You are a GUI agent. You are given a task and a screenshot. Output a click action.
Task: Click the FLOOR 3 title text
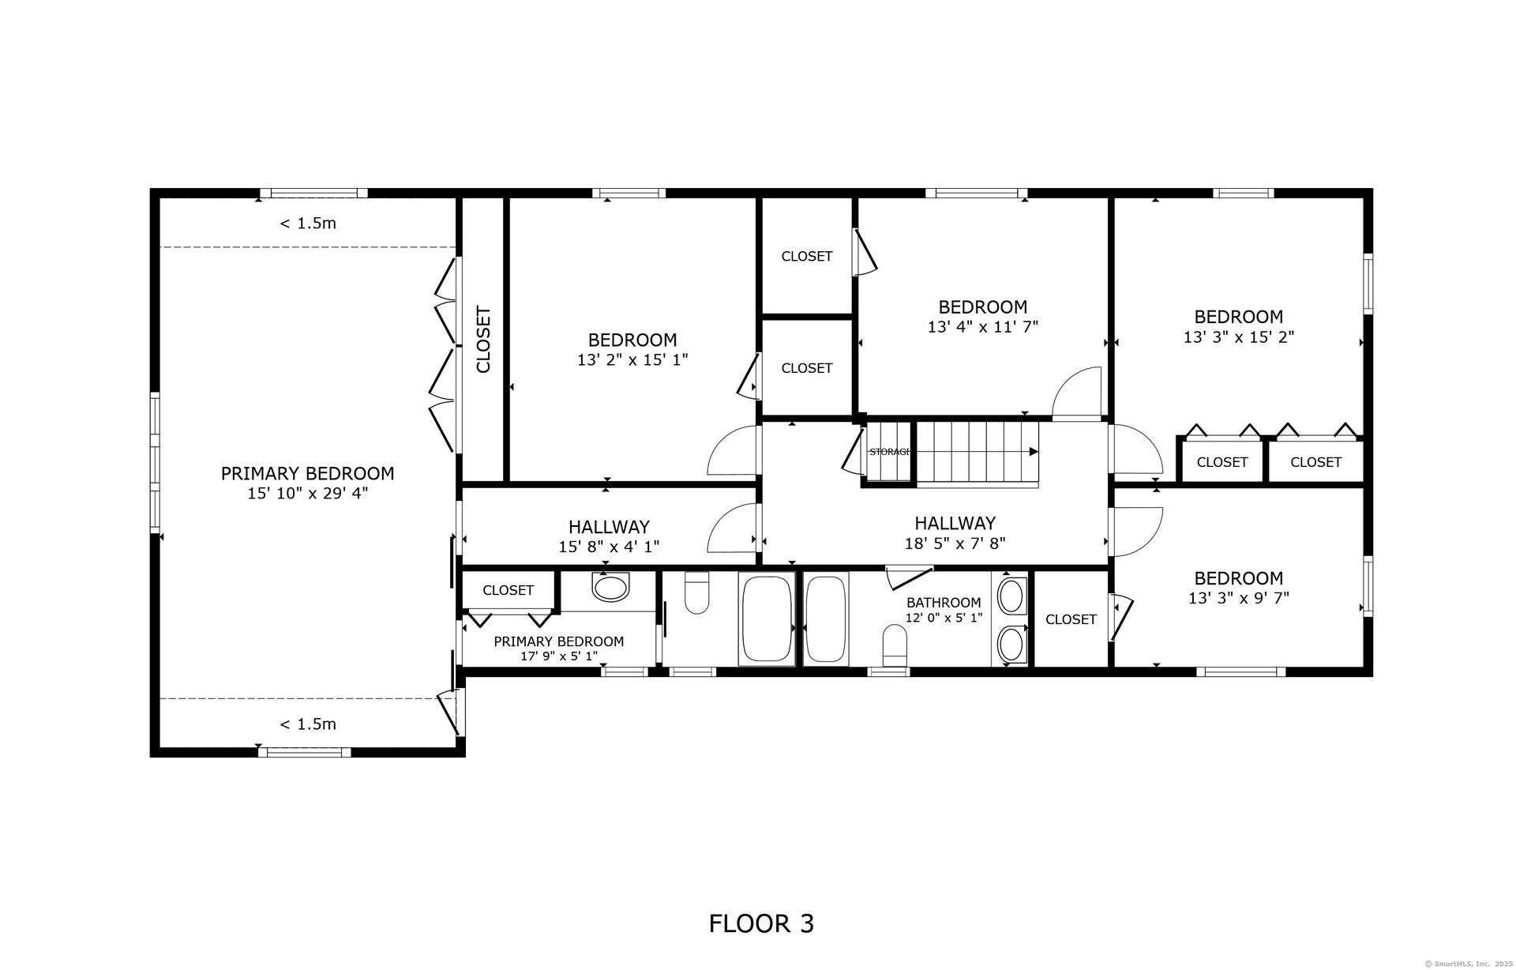click(761, 923)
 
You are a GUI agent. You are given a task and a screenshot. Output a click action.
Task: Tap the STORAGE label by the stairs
click(890, 452)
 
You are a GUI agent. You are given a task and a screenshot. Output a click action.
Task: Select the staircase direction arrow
click(976, 452)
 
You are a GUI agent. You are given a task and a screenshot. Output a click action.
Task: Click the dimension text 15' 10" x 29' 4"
click(308, 494)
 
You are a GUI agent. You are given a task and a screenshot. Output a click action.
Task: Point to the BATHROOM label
click(944, 603)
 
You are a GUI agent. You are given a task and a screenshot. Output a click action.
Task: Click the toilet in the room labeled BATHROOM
click(895, 645)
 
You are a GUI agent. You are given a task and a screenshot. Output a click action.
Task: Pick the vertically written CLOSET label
click(483, 340)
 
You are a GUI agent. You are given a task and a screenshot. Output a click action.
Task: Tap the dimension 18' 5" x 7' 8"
click(955, 543)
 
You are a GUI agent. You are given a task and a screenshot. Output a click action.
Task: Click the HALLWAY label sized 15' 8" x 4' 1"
click(609, 527)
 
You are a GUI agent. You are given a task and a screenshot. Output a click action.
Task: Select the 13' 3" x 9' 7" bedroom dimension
click(1238, 598)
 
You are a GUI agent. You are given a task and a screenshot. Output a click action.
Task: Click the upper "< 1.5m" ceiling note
click(308, 224)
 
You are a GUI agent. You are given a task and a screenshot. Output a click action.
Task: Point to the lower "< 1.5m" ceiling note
click(308, 724)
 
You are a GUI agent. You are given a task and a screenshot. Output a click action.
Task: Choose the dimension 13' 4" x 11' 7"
click(982, 326)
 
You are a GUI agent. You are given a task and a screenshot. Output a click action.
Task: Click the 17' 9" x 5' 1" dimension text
click(559, 656)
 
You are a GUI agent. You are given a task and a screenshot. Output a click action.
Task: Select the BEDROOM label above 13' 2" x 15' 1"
click(632, 340)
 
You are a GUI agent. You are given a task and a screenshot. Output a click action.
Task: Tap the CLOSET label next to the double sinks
click(1071, 619)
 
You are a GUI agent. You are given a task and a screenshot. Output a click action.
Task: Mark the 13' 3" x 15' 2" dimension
click(1238, 337)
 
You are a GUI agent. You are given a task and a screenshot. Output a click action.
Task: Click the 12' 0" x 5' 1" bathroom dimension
click(944, 618)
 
